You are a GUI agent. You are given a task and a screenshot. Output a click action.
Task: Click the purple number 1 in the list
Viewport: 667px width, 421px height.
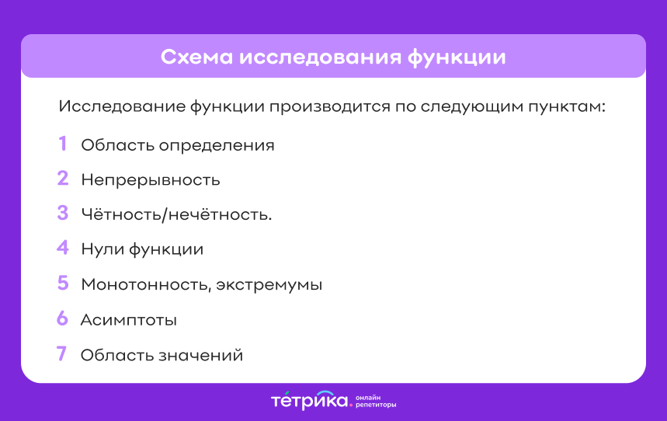point(62,144)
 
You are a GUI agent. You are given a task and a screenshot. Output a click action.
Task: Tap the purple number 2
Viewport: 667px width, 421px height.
point(63,179)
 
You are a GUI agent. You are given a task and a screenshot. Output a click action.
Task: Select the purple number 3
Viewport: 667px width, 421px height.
point(63,214)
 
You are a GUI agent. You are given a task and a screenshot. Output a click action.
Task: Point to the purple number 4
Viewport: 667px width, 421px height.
point(63,249)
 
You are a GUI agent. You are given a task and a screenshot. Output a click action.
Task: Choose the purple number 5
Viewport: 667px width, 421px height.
point(63,284)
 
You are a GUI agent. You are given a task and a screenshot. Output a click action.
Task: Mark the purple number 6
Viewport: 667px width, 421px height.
point(63,318)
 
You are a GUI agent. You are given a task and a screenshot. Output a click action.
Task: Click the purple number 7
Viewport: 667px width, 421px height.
point(62,354)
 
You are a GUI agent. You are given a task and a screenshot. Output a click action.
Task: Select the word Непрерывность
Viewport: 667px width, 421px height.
point(151,180)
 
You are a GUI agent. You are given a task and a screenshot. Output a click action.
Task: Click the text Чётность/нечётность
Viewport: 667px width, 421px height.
point(176,214)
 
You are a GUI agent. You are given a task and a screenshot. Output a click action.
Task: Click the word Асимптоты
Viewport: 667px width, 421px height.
point(129,320)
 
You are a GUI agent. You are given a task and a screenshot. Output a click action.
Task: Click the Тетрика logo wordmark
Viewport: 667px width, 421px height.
point(310,401)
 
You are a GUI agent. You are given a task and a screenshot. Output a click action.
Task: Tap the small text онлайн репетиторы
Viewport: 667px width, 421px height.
point(376,402)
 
